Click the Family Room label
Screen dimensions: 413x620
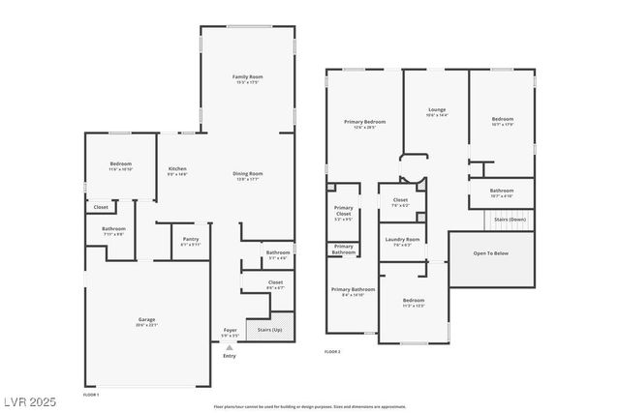(x=248, y=76)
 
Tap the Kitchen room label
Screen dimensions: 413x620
(x=178, y=168)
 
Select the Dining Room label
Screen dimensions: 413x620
(x=248, y=173)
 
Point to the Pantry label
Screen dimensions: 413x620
(x=190, y=240)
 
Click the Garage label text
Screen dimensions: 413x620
(x=147, y=319)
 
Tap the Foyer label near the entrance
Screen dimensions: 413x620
(x=230, y=330)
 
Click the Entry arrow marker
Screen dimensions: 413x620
(x=230, y=347)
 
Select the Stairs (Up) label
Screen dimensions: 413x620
(x=270, y=330)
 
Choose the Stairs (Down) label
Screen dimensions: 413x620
(x=510, y=220)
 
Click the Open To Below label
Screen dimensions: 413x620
(x=491, y=252)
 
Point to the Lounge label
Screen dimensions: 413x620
(x=437, y=110)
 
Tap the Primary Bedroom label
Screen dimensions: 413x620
(x=364, y=122)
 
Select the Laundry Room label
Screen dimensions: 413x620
(x=402, y=239)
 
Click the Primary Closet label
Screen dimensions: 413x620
(x=343, y=211)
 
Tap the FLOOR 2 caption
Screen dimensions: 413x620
(x=332, y=351)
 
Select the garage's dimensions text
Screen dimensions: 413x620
(x=147, y=325)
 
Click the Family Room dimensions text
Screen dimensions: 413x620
(x=248, y=82)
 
